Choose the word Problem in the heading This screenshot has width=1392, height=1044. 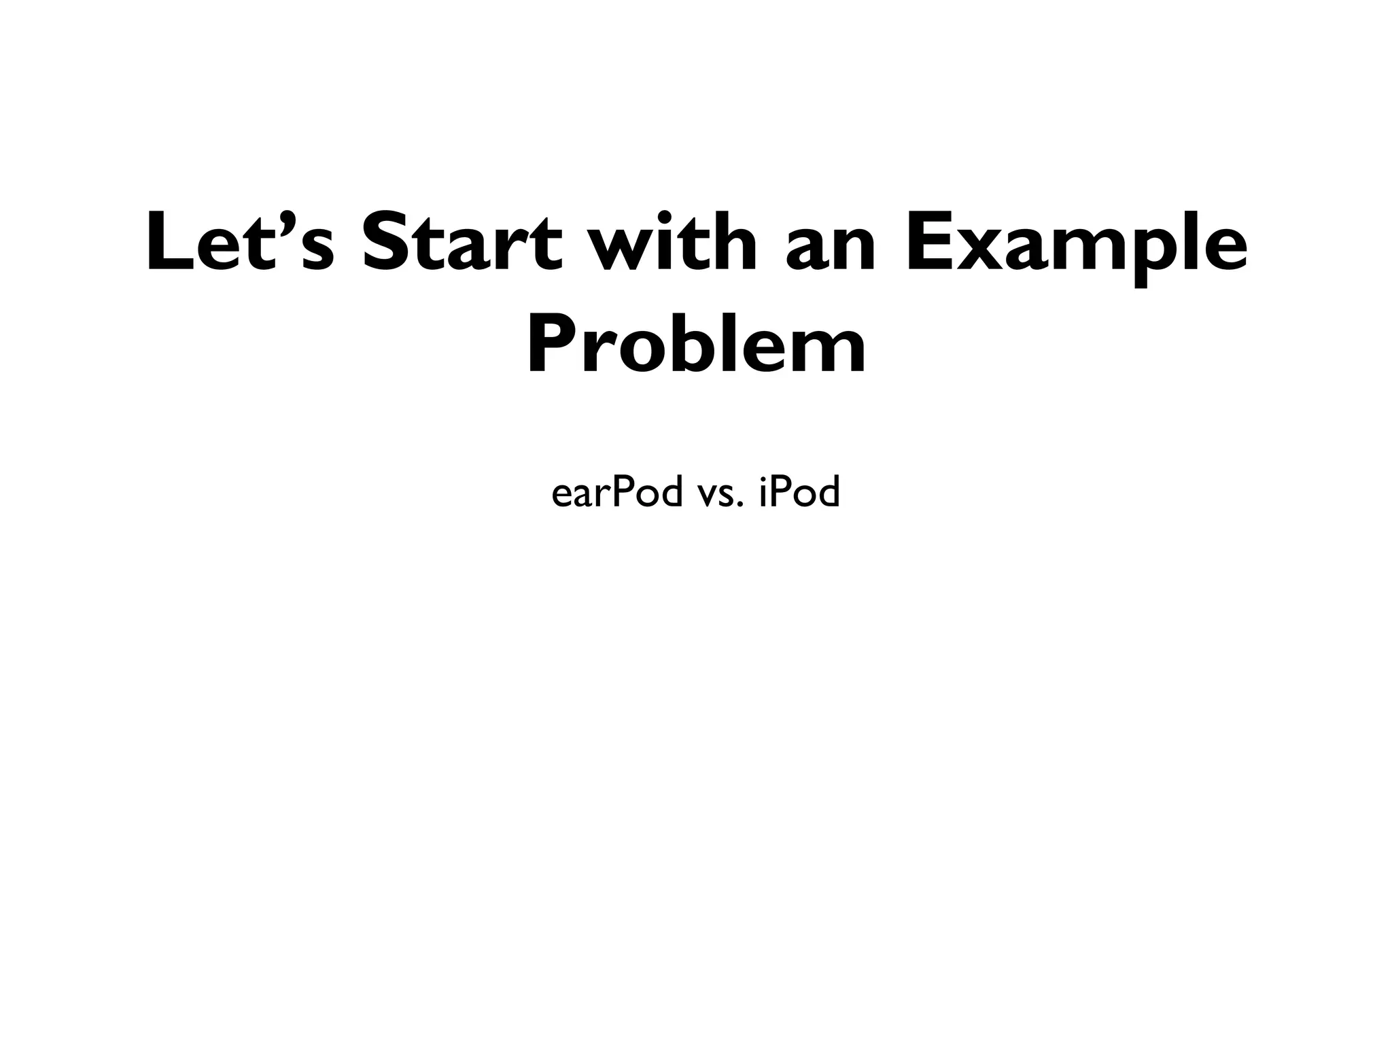click(696, 345)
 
